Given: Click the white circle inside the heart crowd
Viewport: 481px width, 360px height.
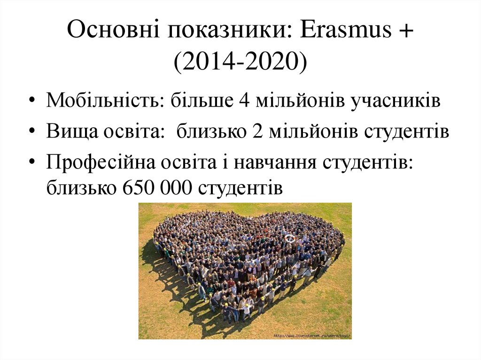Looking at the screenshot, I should (290, 238).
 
